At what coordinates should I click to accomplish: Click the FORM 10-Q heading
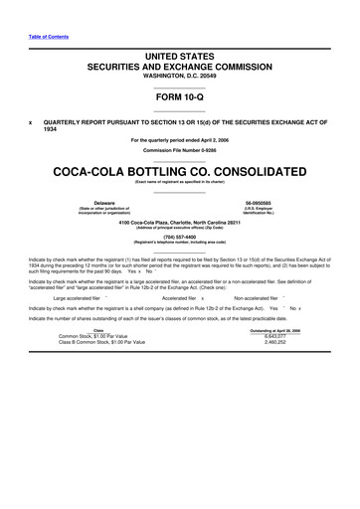(180, 97)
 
